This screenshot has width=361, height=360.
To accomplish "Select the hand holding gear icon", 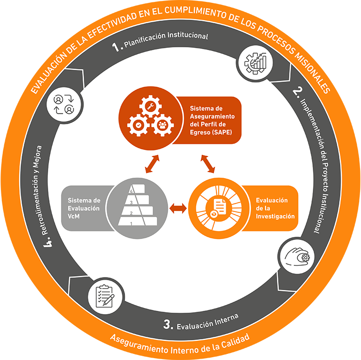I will tap(298, 257).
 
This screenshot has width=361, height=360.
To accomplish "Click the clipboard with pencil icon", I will tap(105, 296).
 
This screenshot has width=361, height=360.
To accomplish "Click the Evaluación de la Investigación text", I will tap(275, 208).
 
